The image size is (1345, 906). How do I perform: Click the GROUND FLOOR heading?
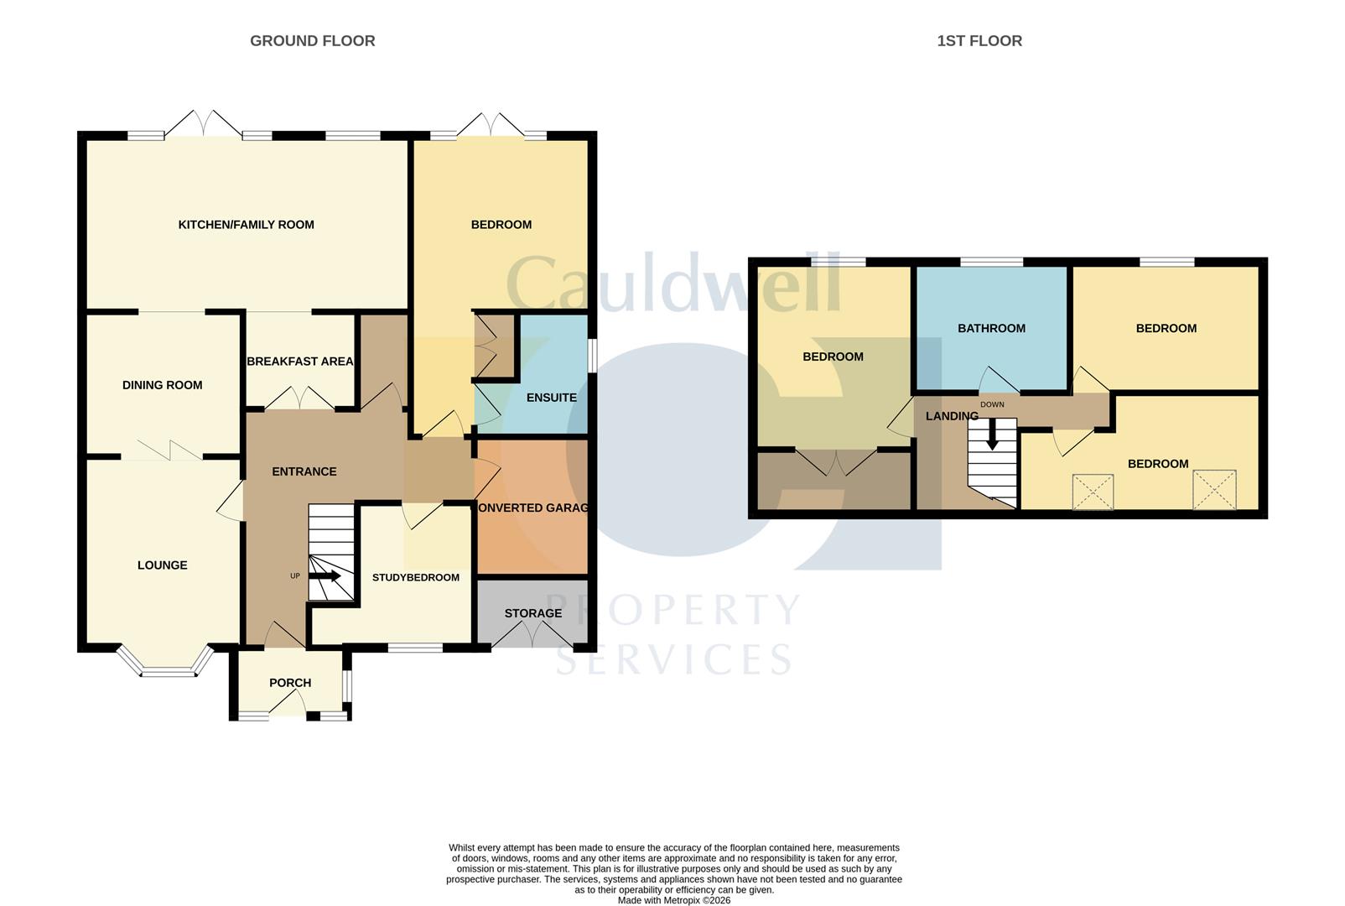click(312, 41)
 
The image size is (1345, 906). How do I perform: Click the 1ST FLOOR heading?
click(979, 41)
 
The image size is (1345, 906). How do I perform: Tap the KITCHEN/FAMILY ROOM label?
click(247, 225)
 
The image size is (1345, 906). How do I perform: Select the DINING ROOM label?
click(162, 385)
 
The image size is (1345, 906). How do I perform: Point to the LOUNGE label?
click(162, 565)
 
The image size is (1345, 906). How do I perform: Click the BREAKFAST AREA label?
click(299, 361)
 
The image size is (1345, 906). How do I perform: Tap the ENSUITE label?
click(551, 398)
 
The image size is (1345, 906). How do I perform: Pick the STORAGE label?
click(533, 613)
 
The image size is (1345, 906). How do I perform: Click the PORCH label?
click(290, 683)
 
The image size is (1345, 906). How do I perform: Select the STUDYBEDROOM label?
click(416, 577)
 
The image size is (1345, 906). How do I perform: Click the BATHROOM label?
click(991, 329)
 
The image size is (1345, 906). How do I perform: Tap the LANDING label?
click(952, 416)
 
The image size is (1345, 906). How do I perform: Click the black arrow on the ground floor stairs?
click(325, 576)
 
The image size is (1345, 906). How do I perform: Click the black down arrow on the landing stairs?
click(992, 434)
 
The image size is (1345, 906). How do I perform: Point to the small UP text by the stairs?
click(295, 576)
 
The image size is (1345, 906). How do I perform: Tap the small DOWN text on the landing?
click(992, 404)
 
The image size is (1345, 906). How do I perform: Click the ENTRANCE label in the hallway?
click(304, 471)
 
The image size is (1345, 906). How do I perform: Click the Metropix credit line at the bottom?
click(673, 901)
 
